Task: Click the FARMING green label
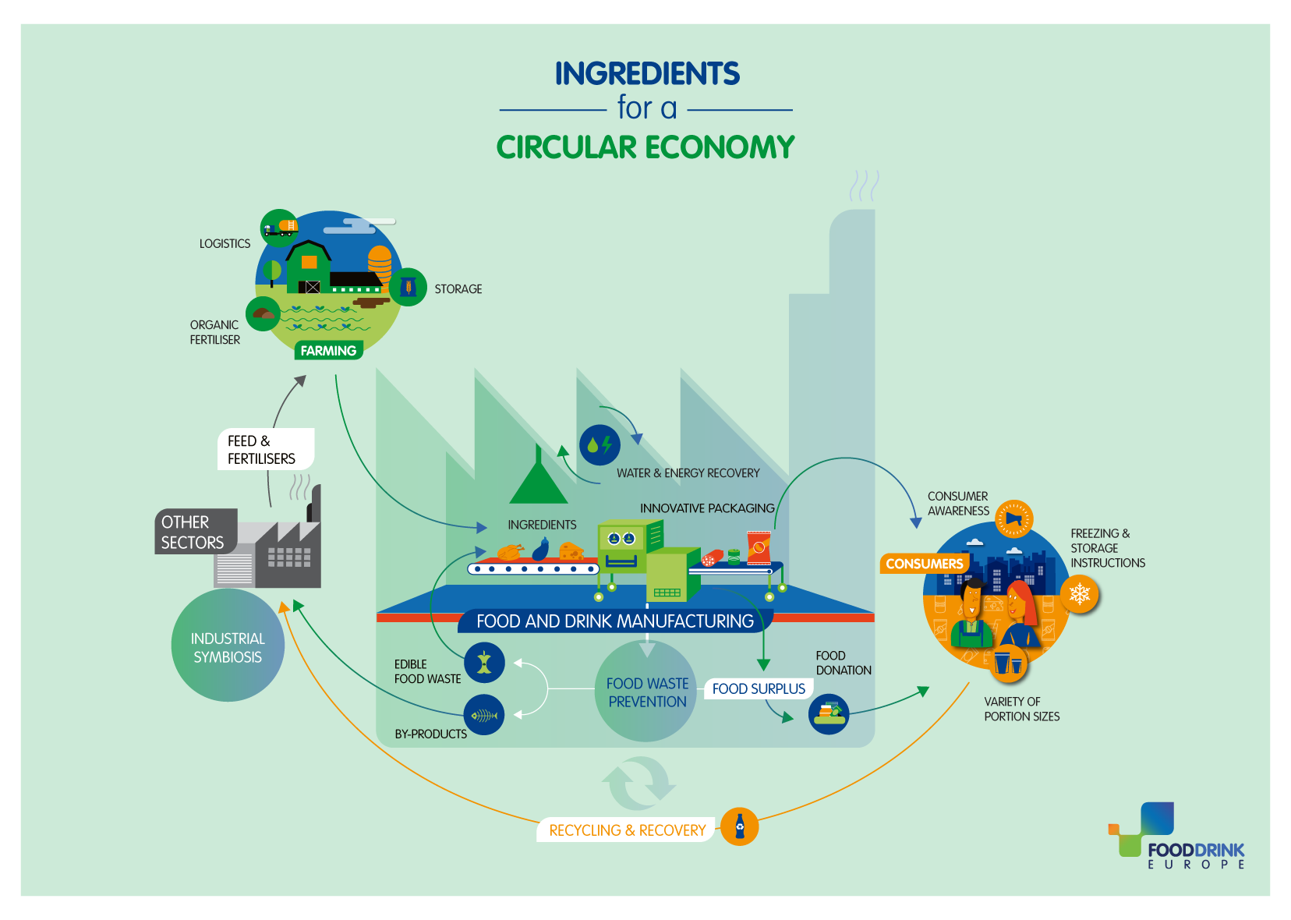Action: [328, 351]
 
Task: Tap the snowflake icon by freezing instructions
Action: [1080, 594]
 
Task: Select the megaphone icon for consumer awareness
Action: [1013, 518]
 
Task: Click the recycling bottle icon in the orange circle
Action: [740, 826]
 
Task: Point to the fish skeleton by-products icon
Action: [484, 716]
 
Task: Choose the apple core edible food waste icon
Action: [484, 663]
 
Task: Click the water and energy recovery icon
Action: [600, 445]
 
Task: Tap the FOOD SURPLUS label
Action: [759, 689]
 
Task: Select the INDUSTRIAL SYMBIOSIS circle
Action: [228, 646]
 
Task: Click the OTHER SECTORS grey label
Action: [195, 532]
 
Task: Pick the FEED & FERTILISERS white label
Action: [265, 450]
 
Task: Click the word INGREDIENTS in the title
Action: [646, 74]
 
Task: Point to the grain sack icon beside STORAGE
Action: [408, 287]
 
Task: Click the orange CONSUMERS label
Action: [924, 564]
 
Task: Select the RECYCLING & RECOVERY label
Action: [627, 830]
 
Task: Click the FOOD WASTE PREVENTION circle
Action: [646, 691]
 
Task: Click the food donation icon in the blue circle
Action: [829, 714]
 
